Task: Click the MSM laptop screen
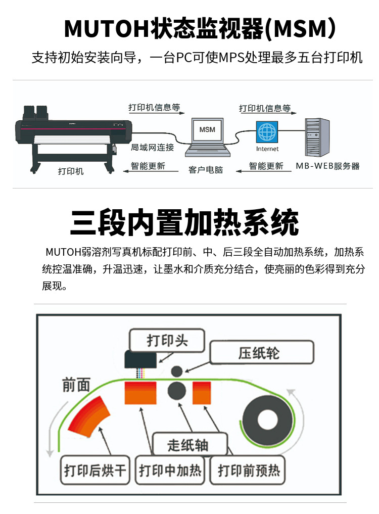click(207, 130)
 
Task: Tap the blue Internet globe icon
click(267, 132)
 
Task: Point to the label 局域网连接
click(152, 148)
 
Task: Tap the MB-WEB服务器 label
click(327, 166)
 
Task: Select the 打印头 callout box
click(167, 340)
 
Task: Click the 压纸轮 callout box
click(262, 352)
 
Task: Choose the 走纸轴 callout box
click(188, 445)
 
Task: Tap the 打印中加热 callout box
click(170, 471)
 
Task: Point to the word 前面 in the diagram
click(76, 385)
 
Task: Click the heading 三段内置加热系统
click(184, 222)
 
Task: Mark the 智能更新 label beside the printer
click(148, 166)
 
